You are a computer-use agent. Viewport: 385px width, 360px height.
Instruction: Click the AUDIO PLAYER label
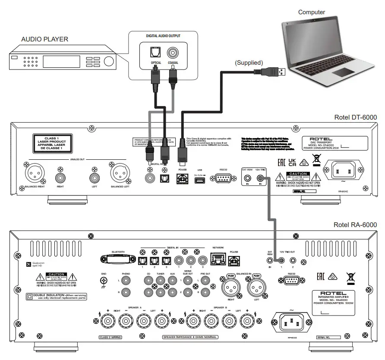[x=45, y=40]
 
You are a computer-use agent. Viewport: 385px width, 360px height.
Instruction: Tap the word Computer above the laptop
[x=311, y=12]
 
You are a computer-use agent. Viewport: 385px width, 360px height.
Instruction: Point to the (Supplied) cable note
[x=249, y=63]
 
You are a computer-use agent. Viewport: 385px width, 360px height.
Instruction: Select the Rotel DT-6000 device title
[x=355, y=117]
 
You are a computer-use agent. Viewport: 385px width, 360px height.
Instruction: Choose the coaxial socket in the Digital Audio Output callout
[x=174, y=53]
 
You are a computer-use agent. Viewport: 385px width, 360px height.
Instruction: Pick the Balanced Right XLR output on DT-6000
[x=34, y=174]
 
